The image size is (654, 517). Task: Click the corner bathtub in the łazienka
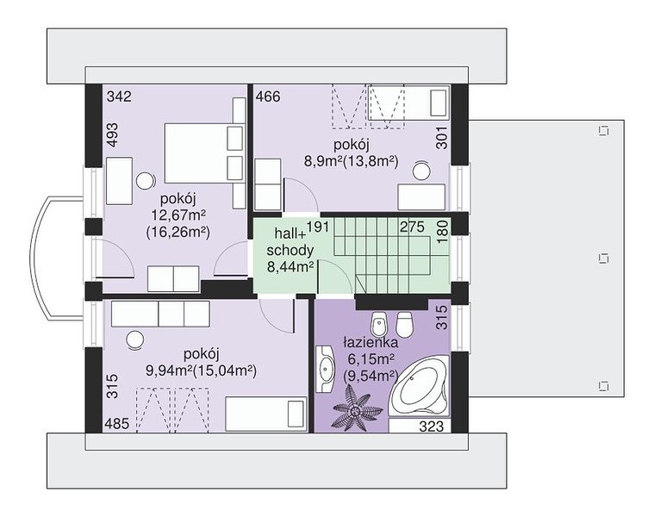point(420,386)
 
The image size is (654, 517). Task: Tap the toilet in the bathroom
point(404,323)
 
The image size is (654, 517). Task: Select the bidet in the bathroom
point(379,323)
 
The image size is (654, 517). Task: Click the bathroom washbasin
point(326,369)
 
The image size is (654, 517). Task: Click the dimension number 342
point(119,97)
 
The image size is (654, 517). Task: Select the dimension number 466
point(268,97)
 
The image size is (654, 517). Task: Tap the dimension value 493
point(112,135)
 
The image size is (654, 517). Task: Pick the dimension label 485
point(117,424)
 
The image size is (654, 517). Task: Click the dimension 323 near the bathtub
point(432,427)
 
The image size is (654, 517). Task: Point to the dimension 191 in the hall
point(318,227)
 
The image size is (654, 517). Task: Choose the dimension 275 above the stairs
point(412,227)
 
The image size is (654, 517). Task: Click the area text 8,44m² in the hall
point(290,266)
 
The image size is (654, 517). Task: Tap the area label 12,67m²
point(178,215)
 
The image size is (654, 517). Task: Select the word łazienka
point(371,343)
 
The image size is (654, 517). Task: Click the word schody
point(290,250)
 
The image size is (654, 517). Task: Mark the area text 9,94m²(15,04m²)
point(201,371)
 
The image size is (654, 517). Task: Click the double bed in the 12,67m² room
point(203,153)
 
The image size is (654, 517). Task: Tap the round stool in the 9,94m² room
point(135,339)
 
